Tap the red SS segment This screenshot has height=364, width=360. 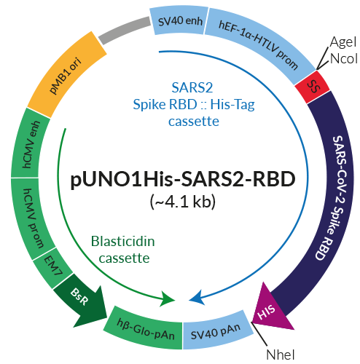[313, 87]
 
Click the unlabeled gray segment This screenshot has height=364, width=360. [121, 30]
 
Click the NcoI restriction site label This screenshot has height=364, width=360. [342, 58]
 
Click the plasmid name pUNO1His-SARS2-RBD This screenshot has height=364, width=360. [180, 180]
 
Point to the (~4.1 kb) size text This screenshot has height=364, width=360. [180, 200]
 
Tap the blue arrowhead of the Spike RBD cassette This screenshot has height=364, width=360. [195, 298]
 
